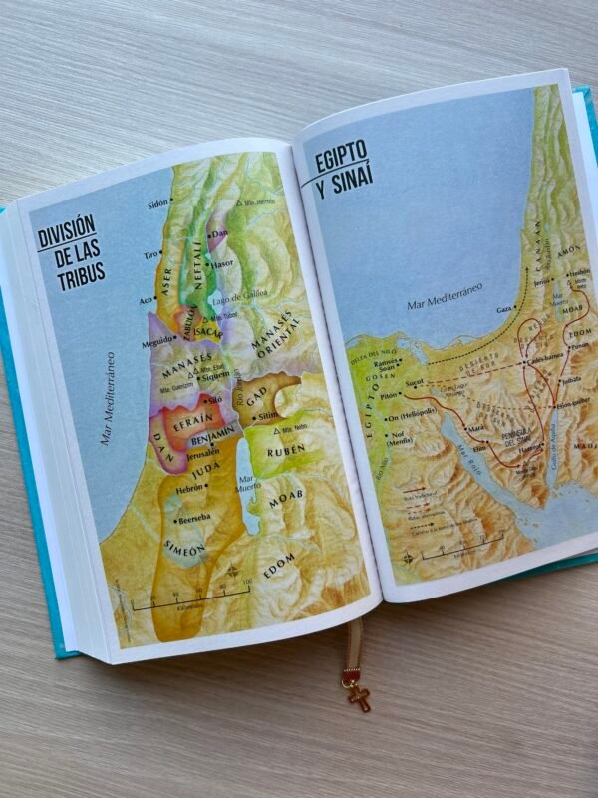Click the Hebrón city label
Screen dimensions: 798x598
click(193, 490)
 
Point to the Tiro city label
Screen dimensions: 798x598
click(151, 255)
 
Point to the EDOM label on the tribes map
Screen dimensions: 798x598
click(281, 571)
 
